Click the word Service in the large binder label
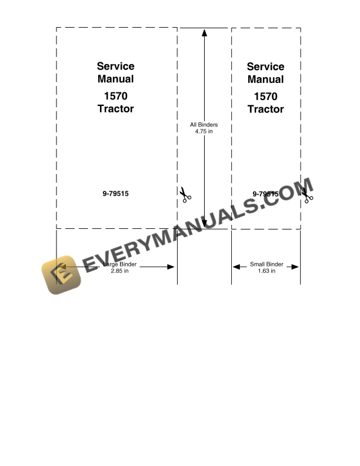(x=115, y=66)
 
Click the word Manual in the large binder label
(x=115, y=79)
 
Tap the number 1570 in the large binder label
(x=115, y=96)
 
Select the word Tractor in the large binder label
(x=115, y=109)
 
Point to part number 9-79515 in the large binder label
(x=115, y=194)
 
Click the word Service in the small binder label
(x=265, y=66)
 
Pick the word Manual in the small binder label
(x=265, y=79)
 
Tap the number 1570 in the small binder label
(x=265, y=96)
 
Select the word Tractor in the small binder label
(x=265, y=109)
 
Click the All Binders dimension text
(x=204, y=125)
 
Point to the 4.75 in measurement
(x=204, y=131)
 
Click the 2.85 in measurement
(x=119, y=271)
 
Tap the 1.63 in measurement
(x=266, y=271)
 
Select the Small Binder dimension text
(x=266, y=264)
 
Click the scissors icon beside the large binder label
(x=185, y=195)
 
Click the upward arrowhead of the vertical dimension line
(x=204, y=33)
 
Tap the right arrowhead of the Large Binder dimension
(x=171, y=267)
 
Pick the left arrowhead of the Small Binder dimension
(x=236, y=267)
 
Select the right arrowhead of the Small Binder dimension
(x=295, y=267)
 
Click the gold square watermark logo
(x=61, y=275)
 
